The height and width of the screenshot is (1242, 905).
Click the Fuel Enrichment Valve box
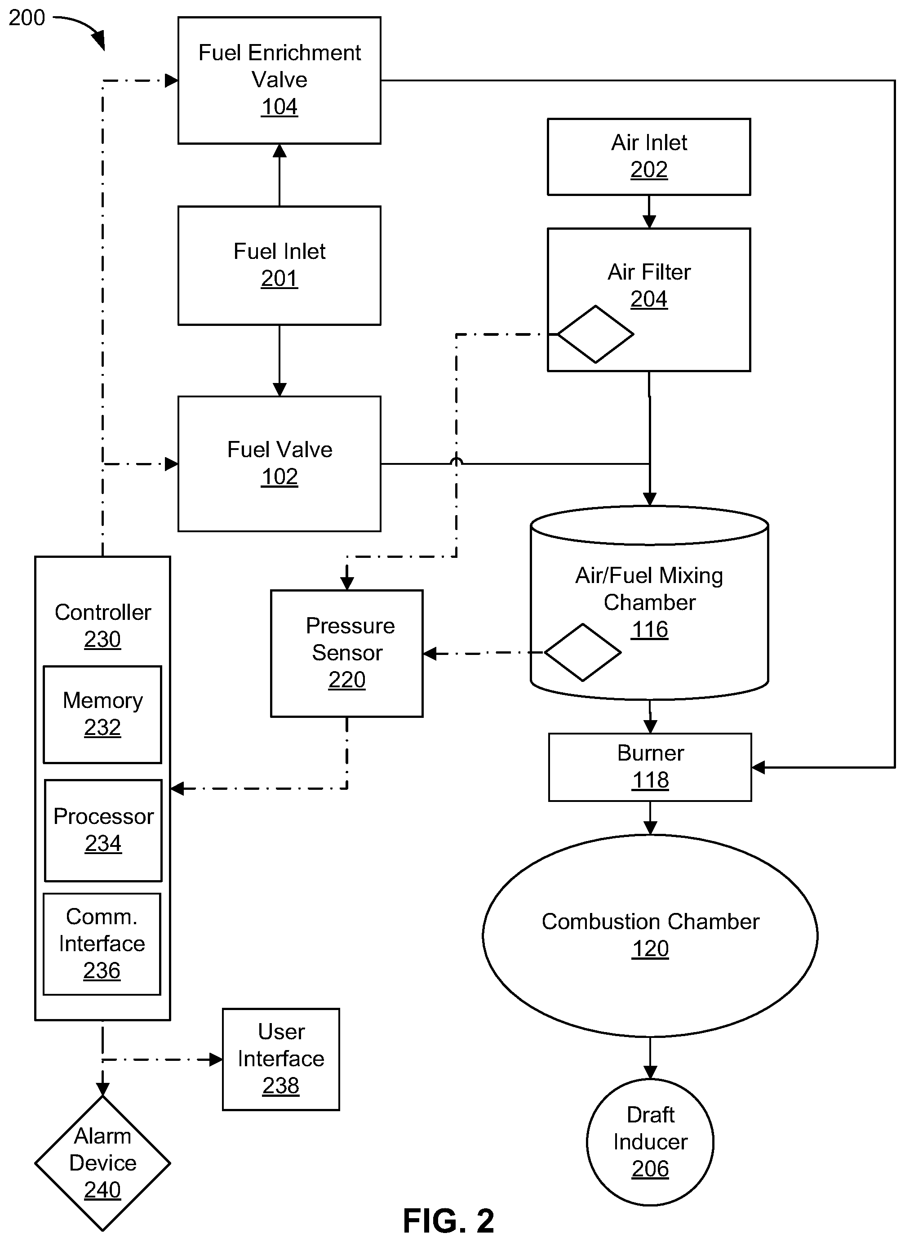(x=279, y=80)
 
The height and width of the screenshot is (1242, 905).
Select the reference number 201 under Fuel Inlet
(x=279, y=279)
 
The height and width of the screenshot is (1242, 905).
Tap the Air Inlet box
(x=649, y=157)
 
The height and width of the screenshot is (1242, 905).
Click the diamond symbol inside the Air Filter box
(x=595, y=334)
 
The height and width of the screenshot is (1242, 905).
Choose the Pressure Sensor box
(x=347, y=653)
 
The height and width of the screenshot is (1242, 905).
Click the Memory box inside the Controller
(x=102, y=714)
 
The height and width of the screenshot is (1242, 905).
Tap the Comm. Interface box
(x=102, y=944)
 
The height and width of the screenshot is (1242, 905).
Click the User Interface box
(x=281, y=1059)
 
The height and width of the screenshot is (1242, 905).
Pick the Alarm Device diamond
(x=102, y=1162)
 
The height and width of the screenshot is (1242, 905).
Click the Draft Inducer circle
(x=650, y=1142)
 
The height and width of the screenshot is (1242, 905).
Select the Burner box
(x=650, y=767)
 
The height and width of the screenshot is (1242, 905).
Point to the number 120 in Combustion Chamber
(x=650, y=949)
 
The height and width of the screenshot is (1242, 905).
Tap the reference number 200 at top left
(x=27, y=18)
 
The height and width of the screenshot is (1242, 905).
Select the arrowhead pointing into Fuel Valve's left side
(x=172, y=464)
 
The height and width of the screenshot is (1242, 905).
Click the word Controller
(x=103, y=612)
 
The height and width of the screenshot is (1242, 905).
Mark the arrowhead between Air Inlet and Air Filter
(x=649, y=222)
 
